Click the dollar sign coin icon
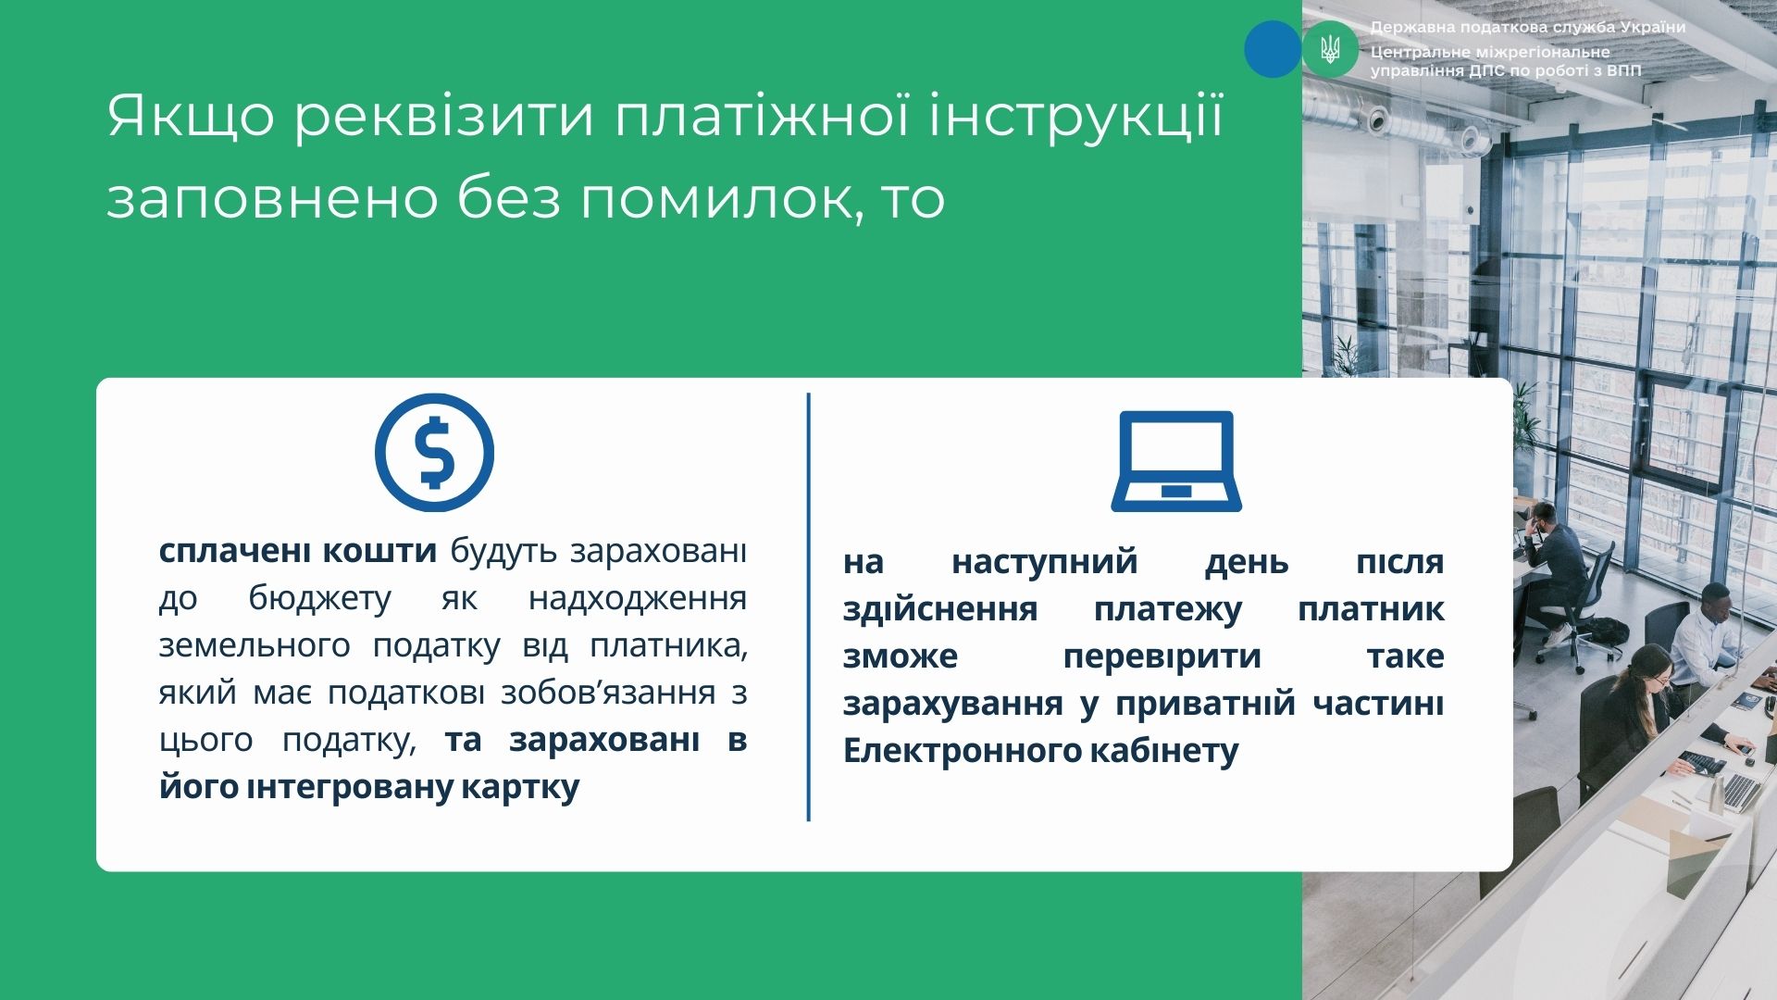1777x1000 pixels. click(434, 453)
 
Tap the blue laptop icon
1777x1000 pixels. click(1176, 461)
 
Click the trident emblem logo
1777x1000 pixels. click(1330, 49)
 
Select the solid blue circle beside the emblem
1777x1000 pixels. click(1273, 49)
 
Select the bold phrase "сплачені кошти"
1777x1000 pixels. click(298, 551)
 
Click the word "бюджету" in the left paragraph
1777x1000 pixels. click(320, 599)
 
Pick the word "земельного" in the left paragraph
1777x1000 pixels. click(255, 646)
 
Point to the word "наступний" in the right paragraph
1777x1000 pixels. click(1045, 562)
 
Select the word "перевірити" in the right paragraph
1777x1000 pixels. click(1162, 656)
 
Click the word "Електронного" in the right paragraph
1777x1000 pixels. click(961, 751)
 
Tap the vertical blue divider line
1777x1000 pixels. click(809, 607)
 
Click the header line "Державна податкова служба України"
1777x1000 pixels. click(1528, 28)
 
